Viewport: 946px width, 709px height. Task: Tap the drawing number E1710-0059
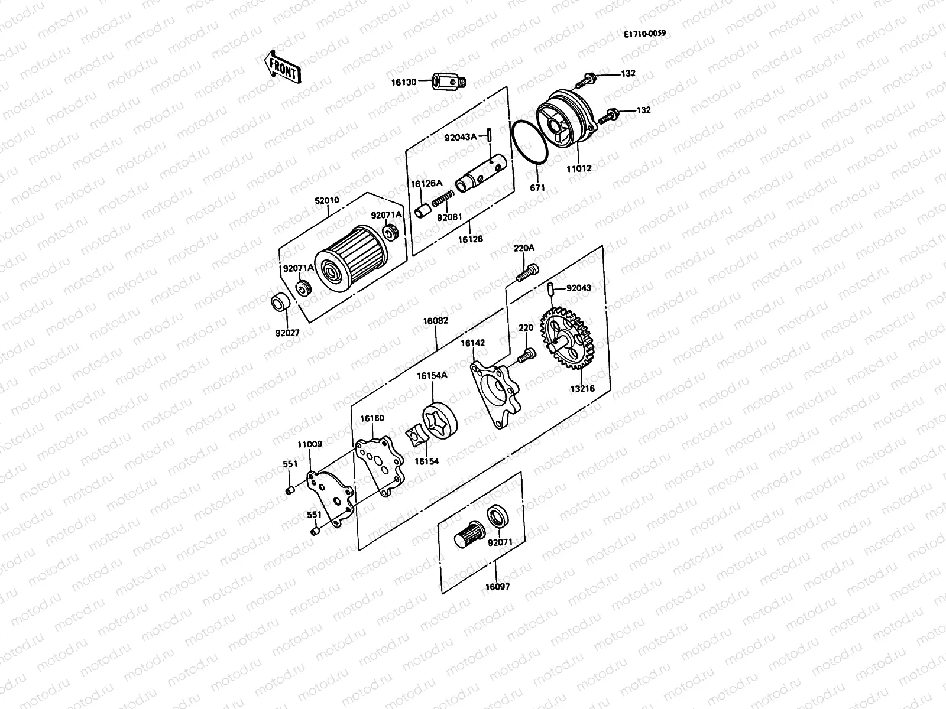pos(644,34)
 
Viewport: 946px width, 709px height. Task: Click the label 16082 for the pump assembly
pos(435,321)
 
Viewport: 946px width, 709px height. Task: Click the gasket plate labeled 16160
pos(380,466)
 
